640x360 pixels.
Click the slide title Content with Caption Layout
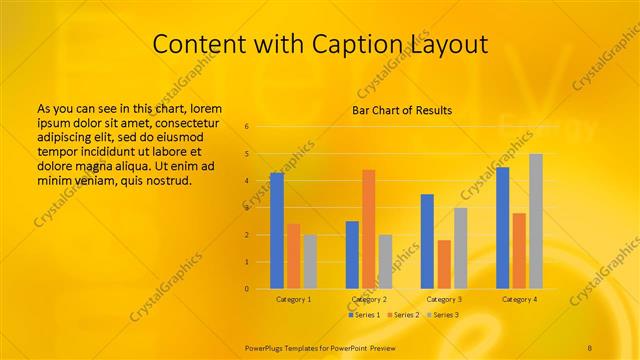(320, 44)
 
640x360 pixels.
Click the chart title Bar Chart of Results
(402, 110)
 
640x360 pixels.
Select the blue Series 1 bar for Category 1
(277, 230)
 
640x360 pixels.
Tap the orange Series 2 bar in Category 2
(368, 229)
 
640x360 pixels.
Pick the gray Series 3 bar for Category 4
(535, 221)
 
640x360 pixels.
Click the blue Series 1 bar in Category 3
(427, 241)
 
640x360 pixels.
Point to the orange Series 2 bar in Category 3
(443, 264)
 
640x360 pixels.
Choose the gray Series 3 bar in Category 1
(310, 261)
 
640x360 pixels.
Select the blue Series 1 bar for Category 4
(502, 228)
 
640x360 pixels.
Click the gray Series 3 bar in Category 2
(385, 261)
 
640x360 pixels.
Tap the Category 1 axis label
(293, 299)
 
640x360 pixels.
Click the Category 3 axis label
(443, 299)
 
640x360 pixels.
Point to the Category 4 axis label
(518, 299)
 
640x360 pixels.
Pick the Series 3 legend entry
(442, 315)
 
